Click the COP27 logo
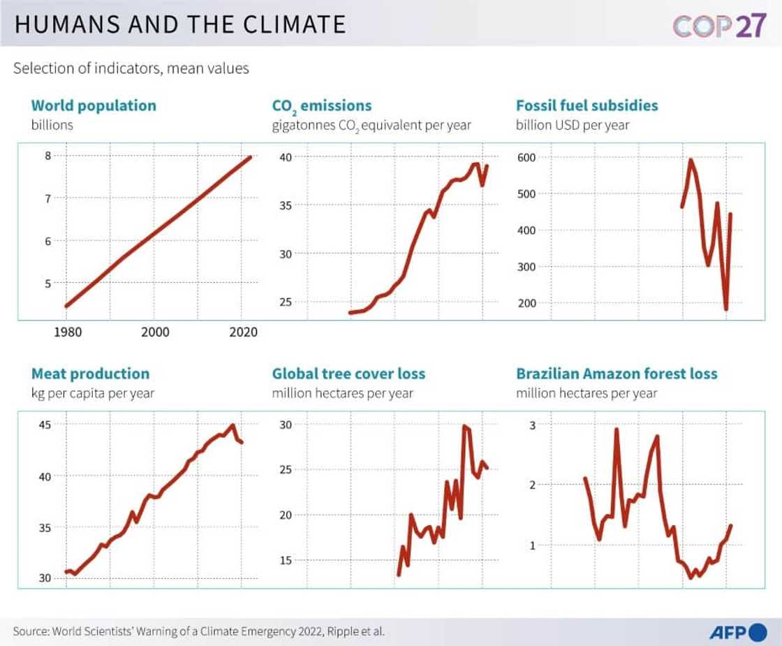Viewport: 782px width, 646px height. [719, 25]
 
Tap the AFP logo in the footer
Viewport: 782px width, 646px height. [738, 632]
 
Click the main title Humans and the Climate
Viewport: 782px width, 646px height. [180, 24]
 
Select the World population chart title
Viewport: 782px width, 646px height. [94, 105]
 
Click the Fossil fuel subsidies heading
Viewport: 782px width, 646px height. [586, 105]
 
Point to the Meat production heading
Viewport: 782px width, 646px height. [90, 374]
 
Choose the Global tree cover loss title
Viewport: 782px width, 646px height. [348, 374]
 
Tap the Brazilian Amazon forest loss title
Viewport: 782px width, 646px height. [617, 374]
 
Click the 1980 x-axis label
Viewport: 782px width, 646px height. [67, 332]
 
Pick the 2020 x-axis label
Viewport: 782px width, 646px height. [242, 332]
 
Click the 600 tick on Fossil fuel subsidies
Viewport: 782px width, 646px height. [526, 157]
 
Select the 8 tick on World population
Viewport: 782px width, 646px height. [47, 156]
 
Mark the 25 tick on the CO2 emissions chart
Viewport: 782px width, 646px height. [285, 302]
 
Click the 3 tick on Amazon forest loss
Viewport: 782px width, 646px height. [531, 425]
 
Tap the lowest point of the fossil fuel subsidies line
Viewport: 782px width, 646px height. [726, 309]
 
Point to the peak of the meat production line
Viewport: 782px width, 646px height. [233, 425]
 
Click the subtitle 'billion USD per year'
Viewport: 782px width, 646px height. [573, 125]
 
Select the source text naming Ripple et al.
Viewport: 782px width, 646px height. [198, 631]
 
